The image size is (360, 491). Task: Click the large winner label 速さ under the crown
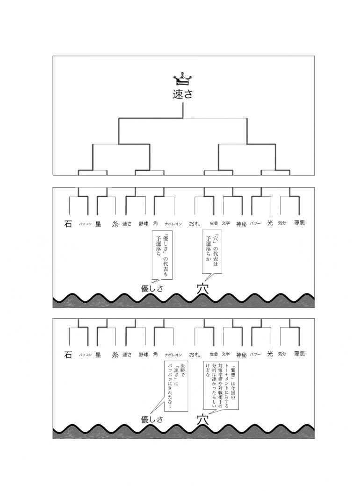tap(182, 94)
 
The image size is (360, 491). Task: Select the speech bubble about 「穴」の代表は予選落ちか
tap(211, 251)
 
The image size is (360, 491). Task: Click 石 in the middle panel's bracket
tap(68, 224)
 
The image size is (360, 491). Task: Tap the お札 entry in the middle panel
tap(195, 224)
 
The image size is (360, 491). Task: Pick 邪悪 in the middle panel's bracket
tap(299, 223)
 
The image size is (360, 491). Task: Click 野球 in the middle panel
tap(144, 224)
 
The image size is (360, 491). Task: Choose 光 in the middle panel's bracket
tap(270, 223)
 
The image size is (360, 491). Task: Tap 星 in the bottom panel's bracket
tap(98, 355)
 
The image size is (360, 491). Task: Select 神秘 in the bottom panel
tap(241, 355)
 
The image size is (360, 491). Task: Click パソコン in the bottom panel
tap(85, 355)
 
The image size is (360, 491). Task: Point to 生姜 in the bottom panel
tap(214, 355)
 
